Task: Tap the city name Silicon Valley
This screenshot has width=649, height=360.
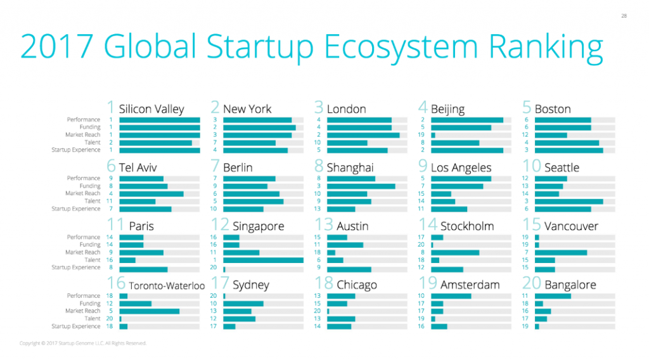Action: [x=151, y=109]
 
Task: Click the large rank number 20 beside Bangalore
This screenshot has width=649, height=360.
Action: [x=531, y=283]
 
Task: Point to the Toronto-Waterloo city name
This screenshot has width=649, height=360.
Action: [x=167, y=286]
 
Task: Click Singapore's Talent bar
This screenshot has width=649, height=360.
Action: [x=263, y=260]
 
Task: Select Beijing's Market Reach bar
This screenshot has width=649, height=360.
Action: [x=433, y=135]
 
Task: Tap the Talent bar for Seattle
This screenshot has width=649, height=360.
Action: [x=569, y=201]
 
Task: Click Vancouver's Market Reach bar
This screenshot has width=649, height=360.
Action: [x=560, y=252]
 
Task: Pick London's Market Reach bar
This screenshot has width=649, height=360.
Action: [x=363, y=135]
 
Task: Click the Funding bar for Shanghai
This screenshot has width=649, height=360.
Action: [x=361, y=186]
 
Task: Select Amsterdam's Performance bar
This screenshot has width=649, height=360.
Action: [x=451, y=296]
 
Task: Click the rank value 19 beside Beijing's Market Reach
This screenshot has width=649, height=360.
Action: [x=421, y=135]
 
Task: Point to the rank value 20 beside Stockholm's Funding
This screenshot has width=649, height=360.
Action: [x=421, y=245]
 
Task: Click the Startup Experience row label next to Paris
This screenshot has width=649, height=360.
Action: [x=76, y=267]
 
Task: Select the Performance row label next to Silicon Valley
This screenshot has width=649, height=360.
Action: [x=84, y=120]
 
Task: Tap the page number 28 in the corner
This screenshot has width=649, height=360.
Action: [x=624, y=15]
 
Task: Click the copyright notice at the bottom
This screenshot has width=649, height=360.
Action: [x=83, y=344]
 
